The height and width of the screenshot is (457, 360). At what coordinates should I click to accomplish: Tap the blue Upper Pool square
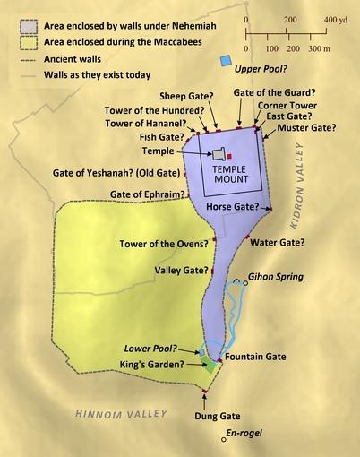click(x=224, y=61)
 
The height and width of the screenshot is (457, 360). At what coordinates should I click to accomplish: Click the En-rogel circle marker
click(x=224, y=439)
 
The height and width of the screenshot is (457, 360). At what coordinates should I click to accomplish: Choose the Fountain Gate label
click(x=255, y=357)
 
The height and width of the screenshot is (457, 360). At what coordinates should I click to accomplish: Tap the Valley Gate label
click(x=178, y=268)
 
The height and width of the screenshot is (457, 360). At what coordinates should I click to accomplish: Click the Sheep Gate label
click(x=185, y=95)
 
